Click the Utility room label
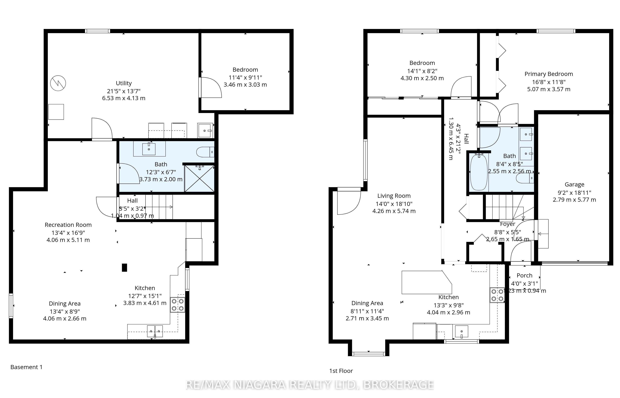click(x=124, y=83)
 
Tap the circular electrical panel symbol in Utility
click(x=58, y=83)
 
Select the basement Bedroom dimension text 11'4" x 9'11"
click(x=245, y=77)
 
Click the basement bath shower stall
click(x=199, y=178)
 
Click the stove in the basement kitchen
click(x=178, y=305)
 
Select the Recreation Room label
click(x=68, y=225)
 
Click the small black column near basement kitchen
click(x=124, y=268)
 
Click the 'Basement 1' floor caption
click(x=26, y=367)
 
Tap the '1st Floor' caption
click(x=341, y=371)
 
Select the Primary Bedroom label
click(x=549, y=74)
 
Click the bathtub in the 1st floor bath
click(x=479, y=172)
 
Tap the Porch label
click(x=524, y=276)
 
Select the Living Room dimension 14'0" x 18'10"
click(x=394, y=204)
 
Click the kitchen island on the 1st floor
click(x=427, y=282)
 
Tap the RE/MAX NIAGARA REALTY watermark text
click(x=310, y=385)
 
